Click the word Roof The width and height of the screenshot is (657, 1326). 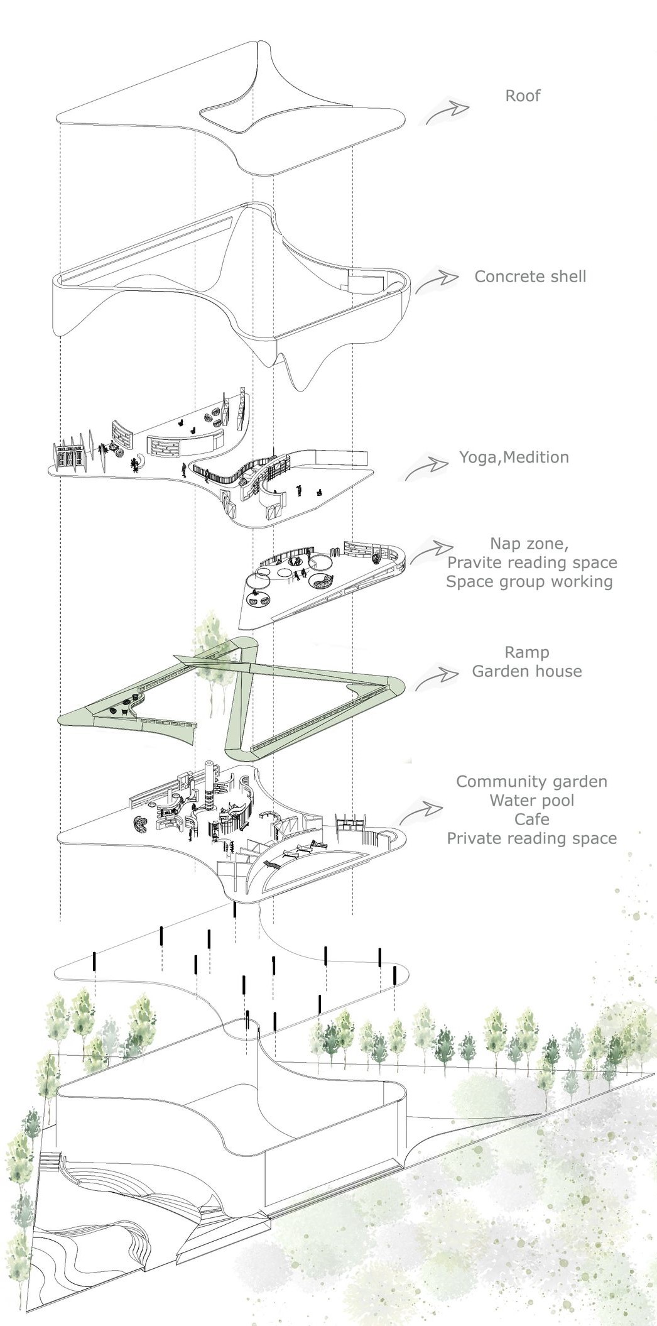click(523, 96)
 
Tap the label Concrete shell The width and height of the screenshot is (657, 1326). click(529, 277)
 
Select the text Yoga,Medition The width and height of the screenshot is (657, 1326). click(514, 458)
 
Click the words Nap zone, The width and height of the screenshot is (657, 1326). click(529, 544)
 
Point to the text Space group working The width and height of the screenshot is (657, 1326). click(529, 581)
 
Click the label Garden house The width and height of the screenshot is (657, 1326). click(526, 671)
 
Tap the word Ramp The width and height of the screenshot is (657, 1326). click(526, 652)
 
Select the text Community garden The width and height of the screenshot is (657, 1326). click(531, 782)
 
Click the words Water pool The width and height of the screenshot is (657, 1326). click(531, 801)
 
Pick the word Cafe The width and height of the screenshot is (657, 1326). click(531, 819)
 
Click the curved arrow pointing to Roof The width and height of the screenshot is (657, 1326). click(447, 112)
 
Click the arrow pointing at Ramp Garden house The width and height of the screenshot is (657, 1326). click(436, 678)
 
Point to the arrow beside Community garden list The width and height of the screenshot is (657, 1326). click(420, 811)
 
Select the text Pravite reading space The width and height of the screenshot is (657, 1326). click(531, 562)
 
